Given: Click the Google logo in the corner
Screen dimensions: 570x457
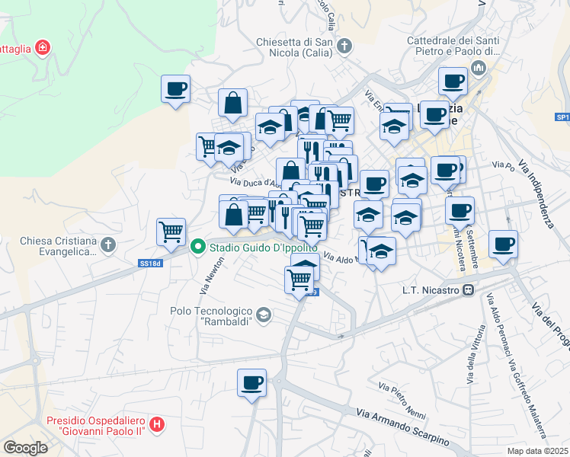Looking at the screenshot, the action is pos(26,448).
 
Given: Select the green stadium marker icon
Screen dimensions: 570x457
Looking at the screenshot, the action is pos(198,246).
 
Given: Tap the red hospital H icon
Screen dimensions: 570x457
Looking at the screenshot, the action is pos(157,424).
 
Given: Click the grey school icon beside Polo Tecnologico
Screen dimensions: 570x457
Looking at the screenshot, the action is pos(264,315).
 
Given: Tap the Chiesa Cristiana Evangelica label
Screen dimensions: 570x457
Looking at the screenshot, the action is pos(58,246).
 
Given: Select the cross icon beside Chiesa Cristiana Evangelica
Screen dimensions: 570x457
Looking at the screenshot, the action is pos(108,245).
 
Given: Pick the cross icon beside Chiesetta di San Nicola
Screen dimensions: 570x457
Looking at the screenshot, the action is pos(344,46).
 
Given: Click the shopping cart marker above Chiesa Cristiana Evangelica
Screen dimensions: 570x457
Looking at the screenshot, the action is pos(171,231).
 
